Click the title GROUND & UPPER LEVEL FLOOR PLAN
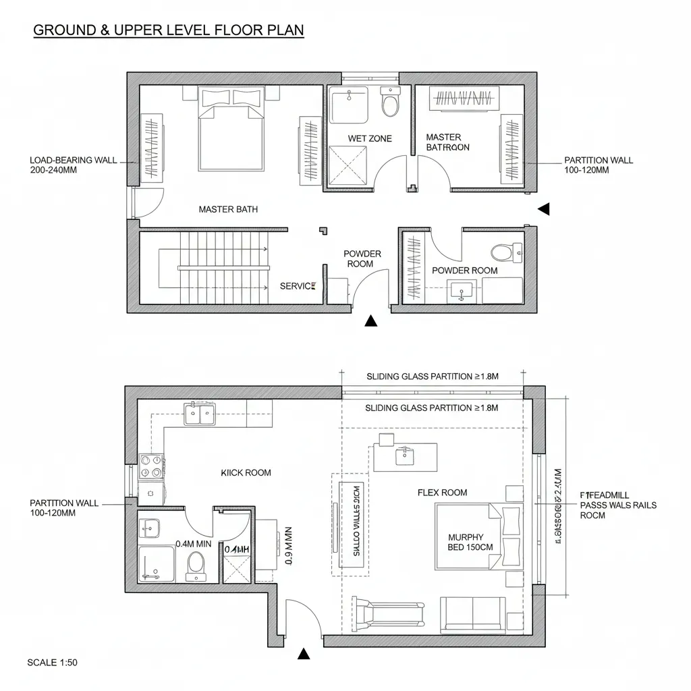tap(168, 30)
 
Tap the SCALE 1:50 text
tap(52, 662)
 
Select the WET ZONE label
tap(369, 138)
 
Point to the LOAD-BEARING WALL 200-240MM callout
tap(74, 165)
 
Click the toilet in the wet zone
tap(390, 103)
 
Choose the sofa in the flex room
tap(472, 615)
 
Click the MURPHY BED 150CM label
tap(466, 543)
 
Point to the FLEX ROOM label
tap(442, 493)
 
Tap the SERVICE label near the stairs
tap(298, 286)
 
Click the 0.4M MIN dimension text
tap(194, 543)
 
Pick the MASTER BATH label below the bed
tap(228, 209)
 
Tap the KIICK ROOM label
tap(246, 472)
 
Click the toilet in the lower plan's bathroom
tap(196, 565)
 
